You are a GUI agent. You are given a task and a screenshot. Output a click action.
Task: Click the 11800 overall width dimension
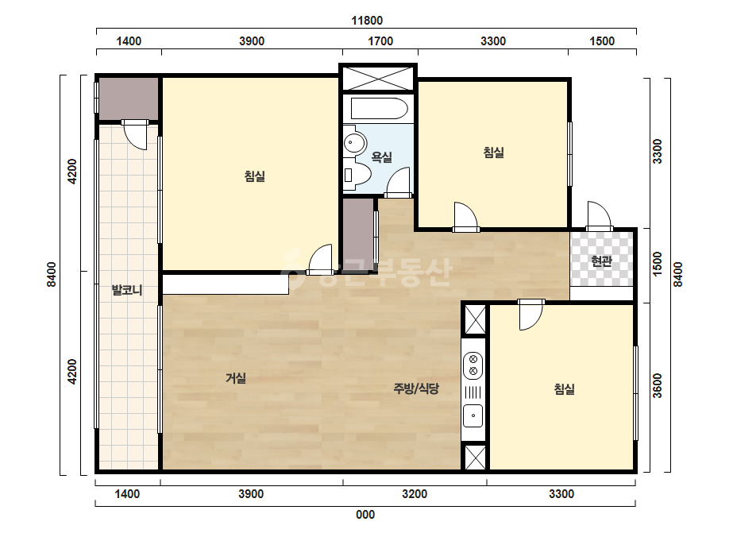click(367, 21)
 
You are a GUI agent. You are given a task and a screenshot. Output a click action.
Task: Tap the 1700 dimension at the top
click(380, 41)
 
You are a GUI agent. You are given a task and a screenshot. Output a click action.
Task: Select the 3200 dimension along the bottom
click(415, 494)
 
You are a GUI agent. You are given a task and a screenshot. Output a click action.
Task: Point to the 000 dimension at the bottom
click(365, 515)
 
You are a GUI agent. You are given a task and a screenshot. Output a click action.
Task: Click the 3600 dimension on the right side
click(658, 385)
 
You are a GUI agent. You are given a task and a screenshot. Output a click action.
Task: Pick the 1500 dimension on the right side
click(658, 264)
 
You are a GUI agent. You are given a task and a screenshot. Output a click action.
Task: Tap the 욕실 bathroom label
click(381, 157)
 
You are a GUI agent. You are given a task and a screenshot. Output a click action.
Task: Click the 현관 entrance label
click(602, 261)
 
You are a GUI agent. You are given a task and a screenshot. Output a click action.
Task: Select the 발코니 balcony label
click(127, 290)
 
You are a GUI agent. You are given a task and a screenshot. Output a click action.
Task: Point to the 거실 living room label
click(236, 378)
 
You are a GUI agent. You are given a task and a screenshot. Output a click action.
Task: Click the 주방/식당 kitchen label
click(416, 388)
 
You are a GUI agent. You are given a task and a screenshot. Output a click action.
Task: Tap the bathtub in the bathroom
click(379, 109)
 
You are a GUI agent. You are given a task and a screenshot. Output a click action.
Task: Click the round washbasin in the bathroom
click(355, 143)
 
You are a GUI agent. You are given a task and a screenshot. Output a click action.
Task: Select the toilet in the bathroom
click(357, 175)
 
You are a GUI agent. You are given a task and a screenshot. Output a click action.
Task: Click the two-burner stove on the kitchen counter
click(473, 365)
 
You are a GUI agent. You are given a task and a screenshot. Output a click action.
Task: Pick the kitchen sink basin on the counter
click(473, 415)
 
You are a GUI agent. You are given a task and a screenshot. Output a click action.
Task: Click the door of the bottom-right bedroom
click(531, 315)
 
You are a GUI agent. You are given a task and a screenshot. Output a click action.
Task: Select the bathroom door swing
click(399, 183)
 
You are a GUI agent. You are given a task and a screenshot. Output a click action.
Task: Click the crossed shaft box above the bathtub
click(378, 78)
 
